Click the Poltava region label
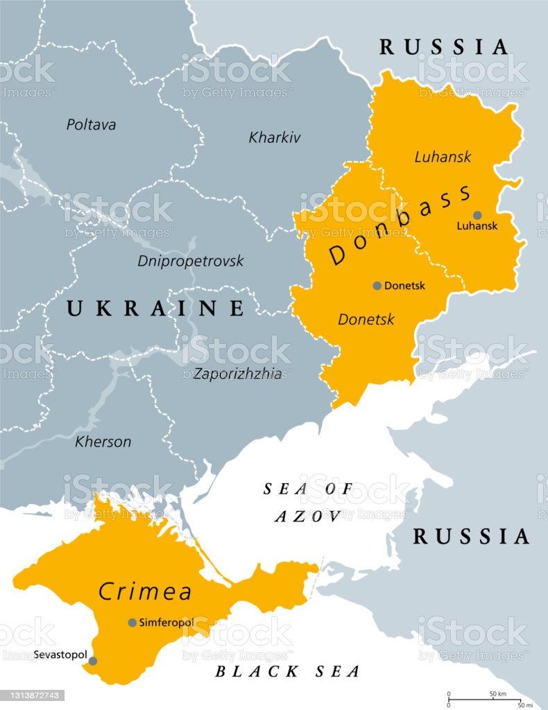(x=91, y=125)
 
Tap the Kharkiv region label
(x=275, y=137)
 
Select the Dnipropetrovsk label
(x=191, y=261)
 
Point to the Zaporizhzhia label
(x=239, y=374)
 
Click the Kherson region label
(x=103, y=442)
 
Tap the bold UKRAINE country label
(x=155, y=309)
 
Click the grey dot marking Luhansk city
(x=477, y=215)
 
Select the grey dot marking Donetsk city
(x=377, y=286)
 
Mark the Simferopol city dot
(x=132, y=623)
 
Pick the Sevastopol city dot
(x=93, y=661)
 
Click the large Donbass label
(x=400, y=224)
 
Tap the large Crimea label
(x=145, y=591)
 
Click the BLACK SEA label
(x=287, y=671)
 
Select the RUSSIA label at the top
(x=444, y=47)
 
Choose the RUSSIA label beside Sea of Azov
(x=472, y=536)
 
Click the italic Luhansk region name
(x=443, y=157)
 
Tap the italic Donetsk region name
(x=366, y=320)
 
